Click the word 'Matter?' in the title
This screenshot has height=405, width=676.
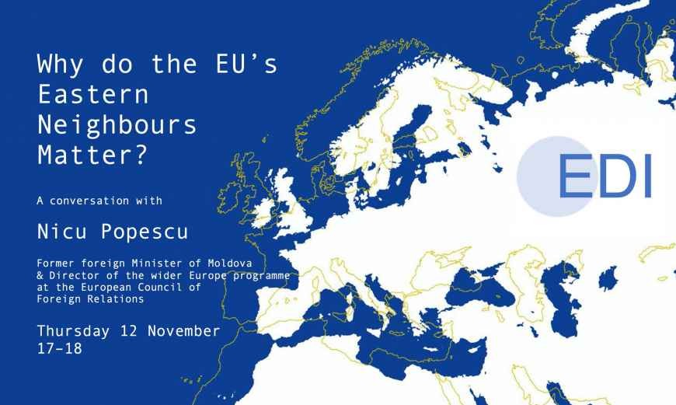click(x=91, y=153)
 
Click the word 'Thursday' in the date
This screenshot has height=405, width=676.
click(x=74, y=331)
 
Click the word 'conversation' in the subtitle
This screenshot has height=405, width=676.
click(x=90, y=201)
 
